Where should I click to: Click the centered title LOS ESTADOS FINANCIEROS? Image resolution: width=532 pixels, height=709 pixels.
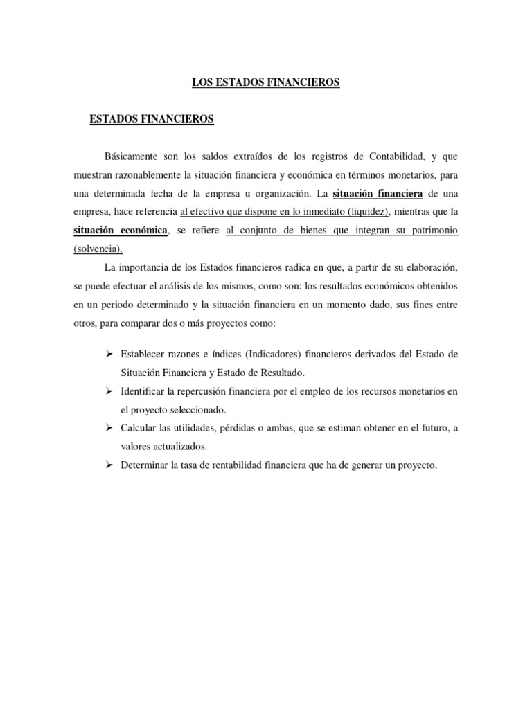266,83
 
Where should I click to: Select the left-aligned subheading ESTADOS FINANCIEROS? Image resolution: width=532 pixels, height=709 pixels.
152,120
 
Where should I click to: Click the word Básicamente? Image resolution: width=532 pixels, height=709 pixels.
134,156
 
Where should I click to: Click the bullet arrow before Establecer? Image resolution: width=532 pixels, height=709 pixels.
109,354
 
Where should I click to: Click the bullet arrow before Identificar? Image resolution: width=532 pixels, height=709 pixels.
109,391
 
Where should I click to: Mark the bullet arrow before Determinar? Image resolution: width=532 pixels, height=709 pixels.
109,465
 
